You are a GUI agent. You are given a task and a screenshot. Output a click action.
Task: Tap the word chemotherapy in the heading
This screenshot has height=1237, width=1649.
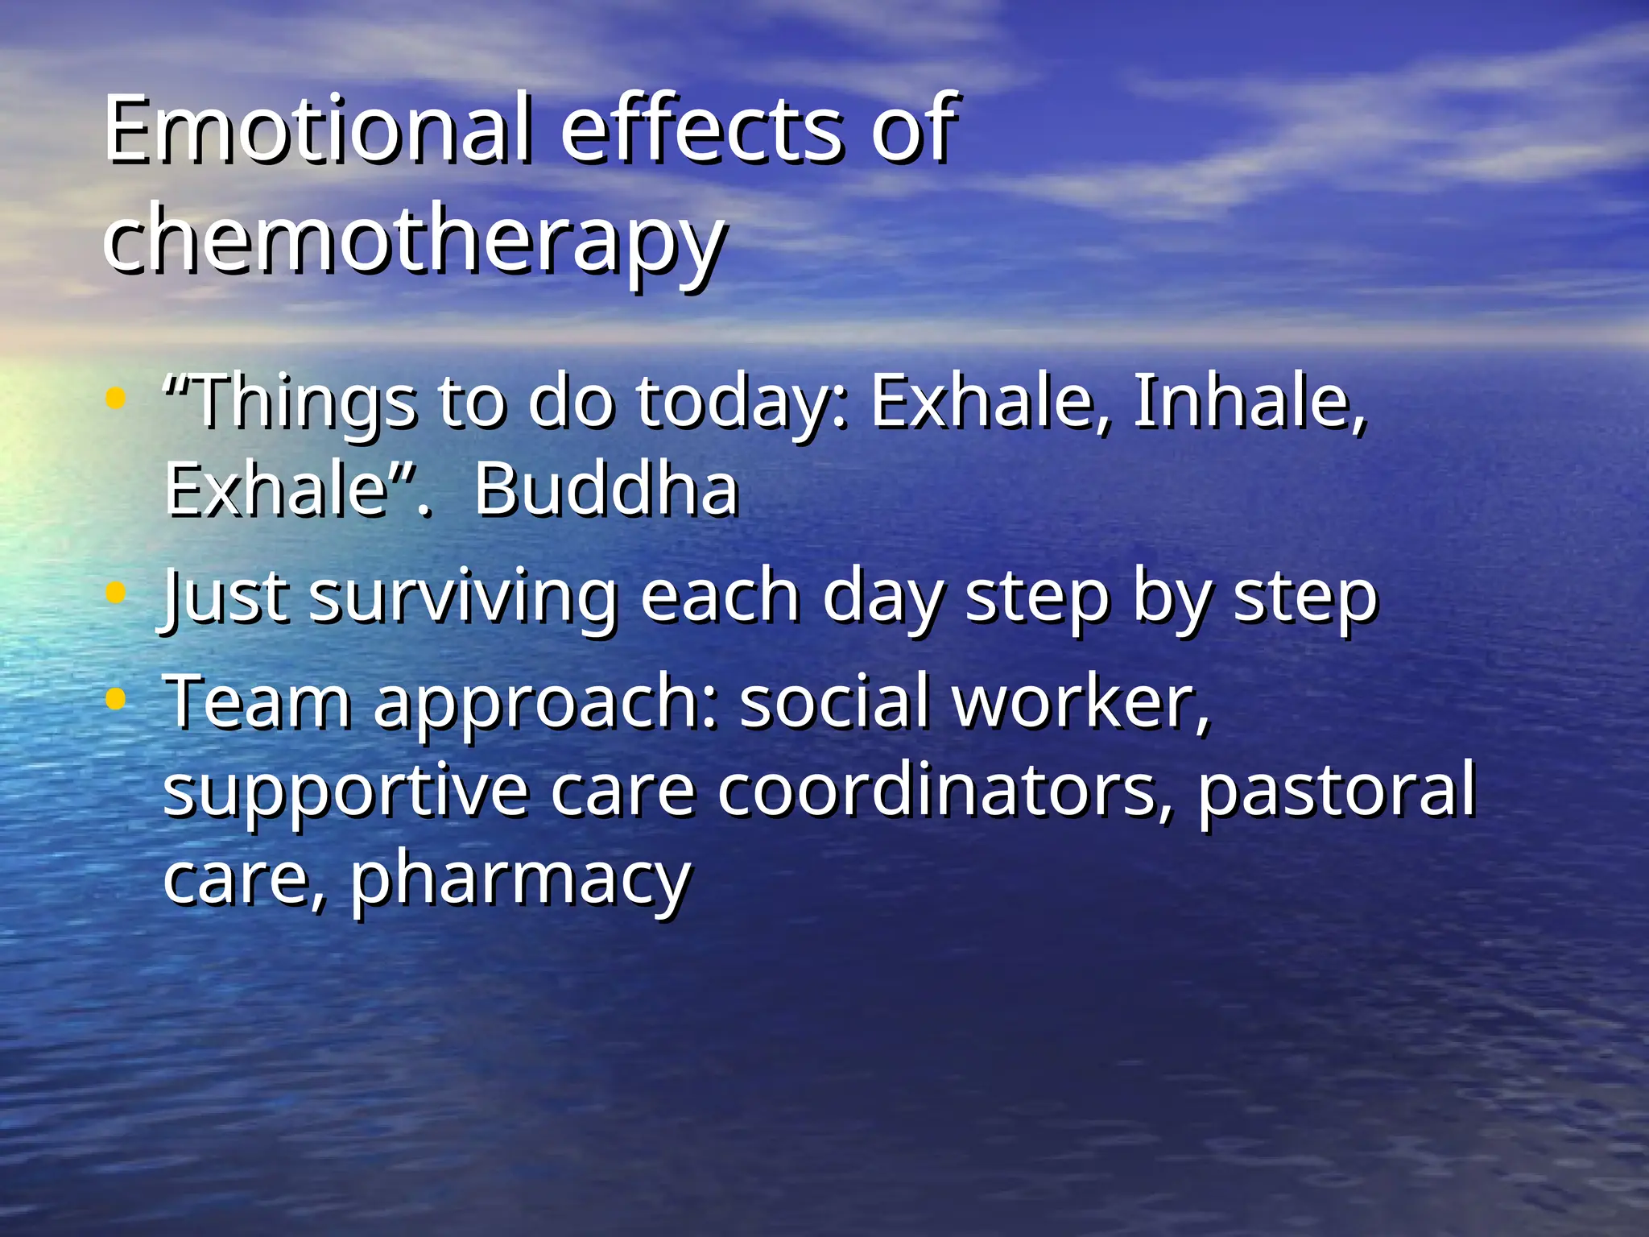pos(414,238)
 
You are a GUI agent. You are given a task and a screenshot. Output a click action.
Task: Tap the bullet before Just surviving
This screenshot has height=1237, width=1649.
pos(116,594)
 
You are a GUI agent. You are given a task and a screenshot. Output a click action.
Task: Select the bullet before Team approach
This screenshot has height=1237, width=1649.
pos(116,699)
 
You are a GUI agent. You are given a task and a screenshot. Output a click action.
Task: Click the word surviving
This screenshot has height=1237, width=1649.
pos(462,598)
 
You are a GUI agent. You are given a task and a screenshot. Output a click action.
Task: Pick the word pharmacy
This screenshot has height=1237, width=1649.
pos(520,879)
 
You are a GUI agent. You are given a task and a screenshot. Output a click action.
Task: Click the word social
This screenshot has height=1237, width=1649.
pos(833,702)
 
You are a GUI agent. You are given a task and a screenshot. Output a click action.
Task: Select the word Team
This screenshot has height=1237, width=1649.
pos(258,702)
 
